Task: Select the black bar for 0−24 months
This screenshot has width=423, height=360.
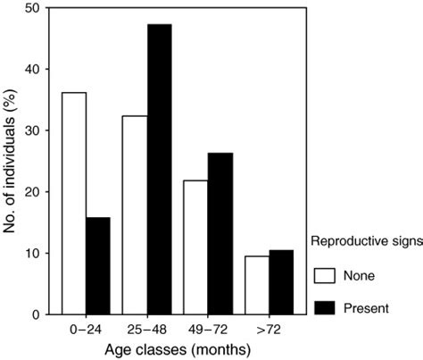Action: (97, 265)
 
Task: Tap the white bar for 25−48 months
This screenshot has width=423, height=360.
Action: (136, 215)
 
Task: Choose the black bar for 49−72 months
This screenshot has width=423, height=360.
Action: (220, 234)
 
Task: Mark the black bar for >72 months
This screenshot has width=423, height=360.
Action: (282, 282)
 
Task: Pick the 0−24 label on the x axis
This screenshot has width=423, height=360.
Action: (86, 328)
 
